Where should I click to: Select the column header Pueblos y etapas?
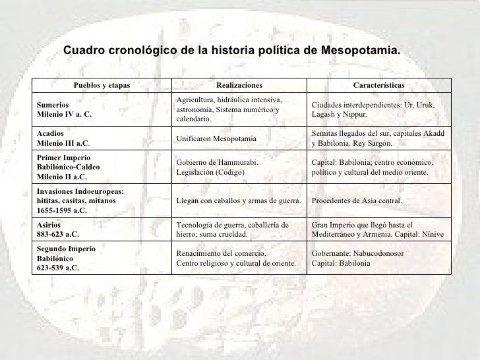102,86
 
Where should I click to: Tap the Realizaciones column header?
239,86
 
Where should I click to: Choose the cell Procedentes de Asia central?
357,201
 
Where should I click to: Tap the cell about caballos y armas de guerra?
239,201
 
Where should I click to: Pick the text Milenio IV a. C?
63,113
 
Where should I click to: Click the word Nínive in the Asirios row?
432,234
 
